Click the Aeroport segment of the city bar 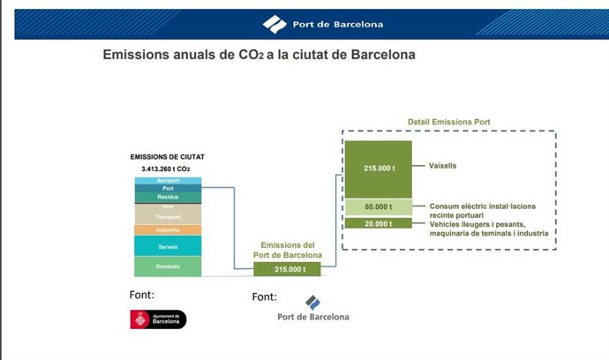click(x=168, y=180)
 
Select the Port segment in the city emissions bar click(x=168, y=188)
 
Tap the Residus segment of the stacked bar click(x=168, y=197)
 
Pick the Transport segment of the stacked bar click(x=168, y=214)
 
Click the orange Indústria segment click(x=168, y=230)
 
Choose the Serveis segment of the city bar click(x=168, y=246)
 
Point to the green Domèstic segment click(x=168, y=266)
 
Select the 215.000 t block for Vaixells click(x=377, y=167)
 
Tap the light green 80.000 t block click(x=377, y=207)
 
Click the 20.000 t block click(x=377, y=222)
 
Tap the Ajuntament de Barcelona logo click(x=158, y=319)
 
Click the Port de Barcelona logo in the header click(x=322, y=24)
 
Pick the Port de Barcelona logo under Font click(x=312, y=309)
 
